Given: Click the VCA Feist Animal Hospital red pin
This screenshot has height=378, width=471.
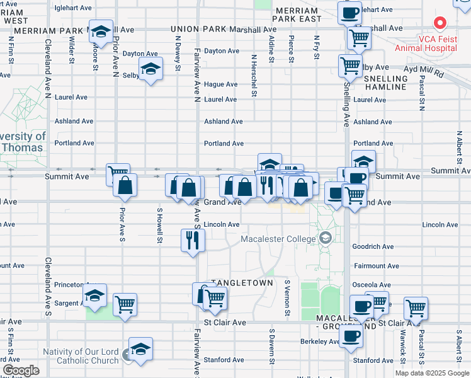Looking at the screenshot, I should pos(440,24).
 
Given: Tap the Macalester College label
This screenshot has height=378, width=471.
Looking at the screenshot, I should pos(280,239).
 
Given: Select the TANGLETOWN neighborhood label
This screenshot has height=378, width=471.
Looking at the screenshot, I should pos(242,283).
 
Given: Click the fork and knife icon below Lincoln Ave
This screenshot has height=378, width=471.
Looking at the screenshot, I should pos(193,240).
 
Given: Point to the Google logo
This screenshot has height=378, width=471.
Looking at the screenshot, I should pos(21,370).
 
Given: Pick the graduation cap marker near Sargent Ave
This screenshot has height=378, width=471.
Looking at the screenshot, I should pos(94,295).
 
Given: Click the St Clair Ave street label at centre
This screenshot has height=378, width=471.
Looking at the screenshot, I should pos(225,323).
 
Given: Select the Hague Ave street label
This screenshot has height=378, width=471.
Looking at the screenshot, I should pos(220,84).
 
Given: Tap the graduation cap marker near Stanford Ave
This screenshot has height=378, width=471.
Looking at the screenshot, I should pos(140,350).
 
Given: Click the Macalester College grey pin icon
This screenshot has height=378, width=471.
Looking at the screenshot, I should pos(325,238).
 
